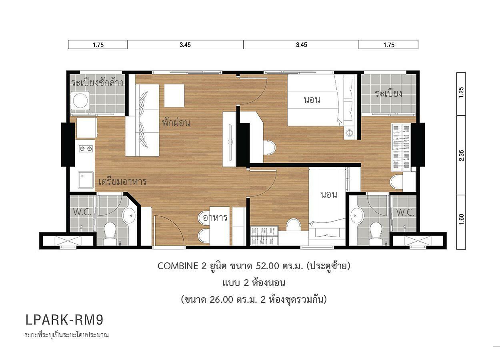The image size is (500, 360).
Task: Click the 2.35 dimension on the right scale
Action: [462, 155]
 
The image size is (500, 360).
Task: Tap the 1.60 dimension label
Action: [462, 219]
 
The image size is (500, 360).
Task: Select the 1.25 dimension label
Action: [461, 92]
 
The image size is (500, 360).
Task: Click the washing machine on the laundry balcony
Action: [80, 100]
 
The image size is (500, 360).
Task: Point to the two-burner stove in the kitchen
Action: [86, 149]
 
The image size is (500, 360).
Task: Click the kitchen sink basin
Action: [86, 180]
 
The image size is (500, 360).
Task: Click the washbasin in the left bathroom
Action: [129, 216]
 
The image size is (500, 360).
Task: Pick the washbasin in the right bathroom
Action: [357, 216]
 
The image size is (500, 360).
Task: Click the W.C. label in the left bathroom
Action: [82, 212]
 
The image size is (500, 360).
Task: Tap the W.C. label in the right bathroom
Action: [405, 212]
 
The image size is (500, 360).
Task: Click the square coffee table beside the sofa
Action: [174, 96]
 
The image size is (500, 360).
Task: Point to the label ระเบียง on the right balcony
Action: [389, 94]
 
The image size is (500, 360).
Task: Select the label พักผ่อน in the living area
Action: [176, 122]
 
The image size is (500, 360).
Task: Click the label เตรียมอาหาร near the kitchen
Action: [122, 181]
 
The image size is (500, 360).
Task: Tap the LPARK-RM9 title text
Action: [64, 320]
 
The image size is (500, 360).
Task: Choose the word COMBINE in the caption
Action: [178, 266]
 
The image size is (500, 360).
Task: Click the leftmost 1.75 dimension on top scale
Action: [98, 45]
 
